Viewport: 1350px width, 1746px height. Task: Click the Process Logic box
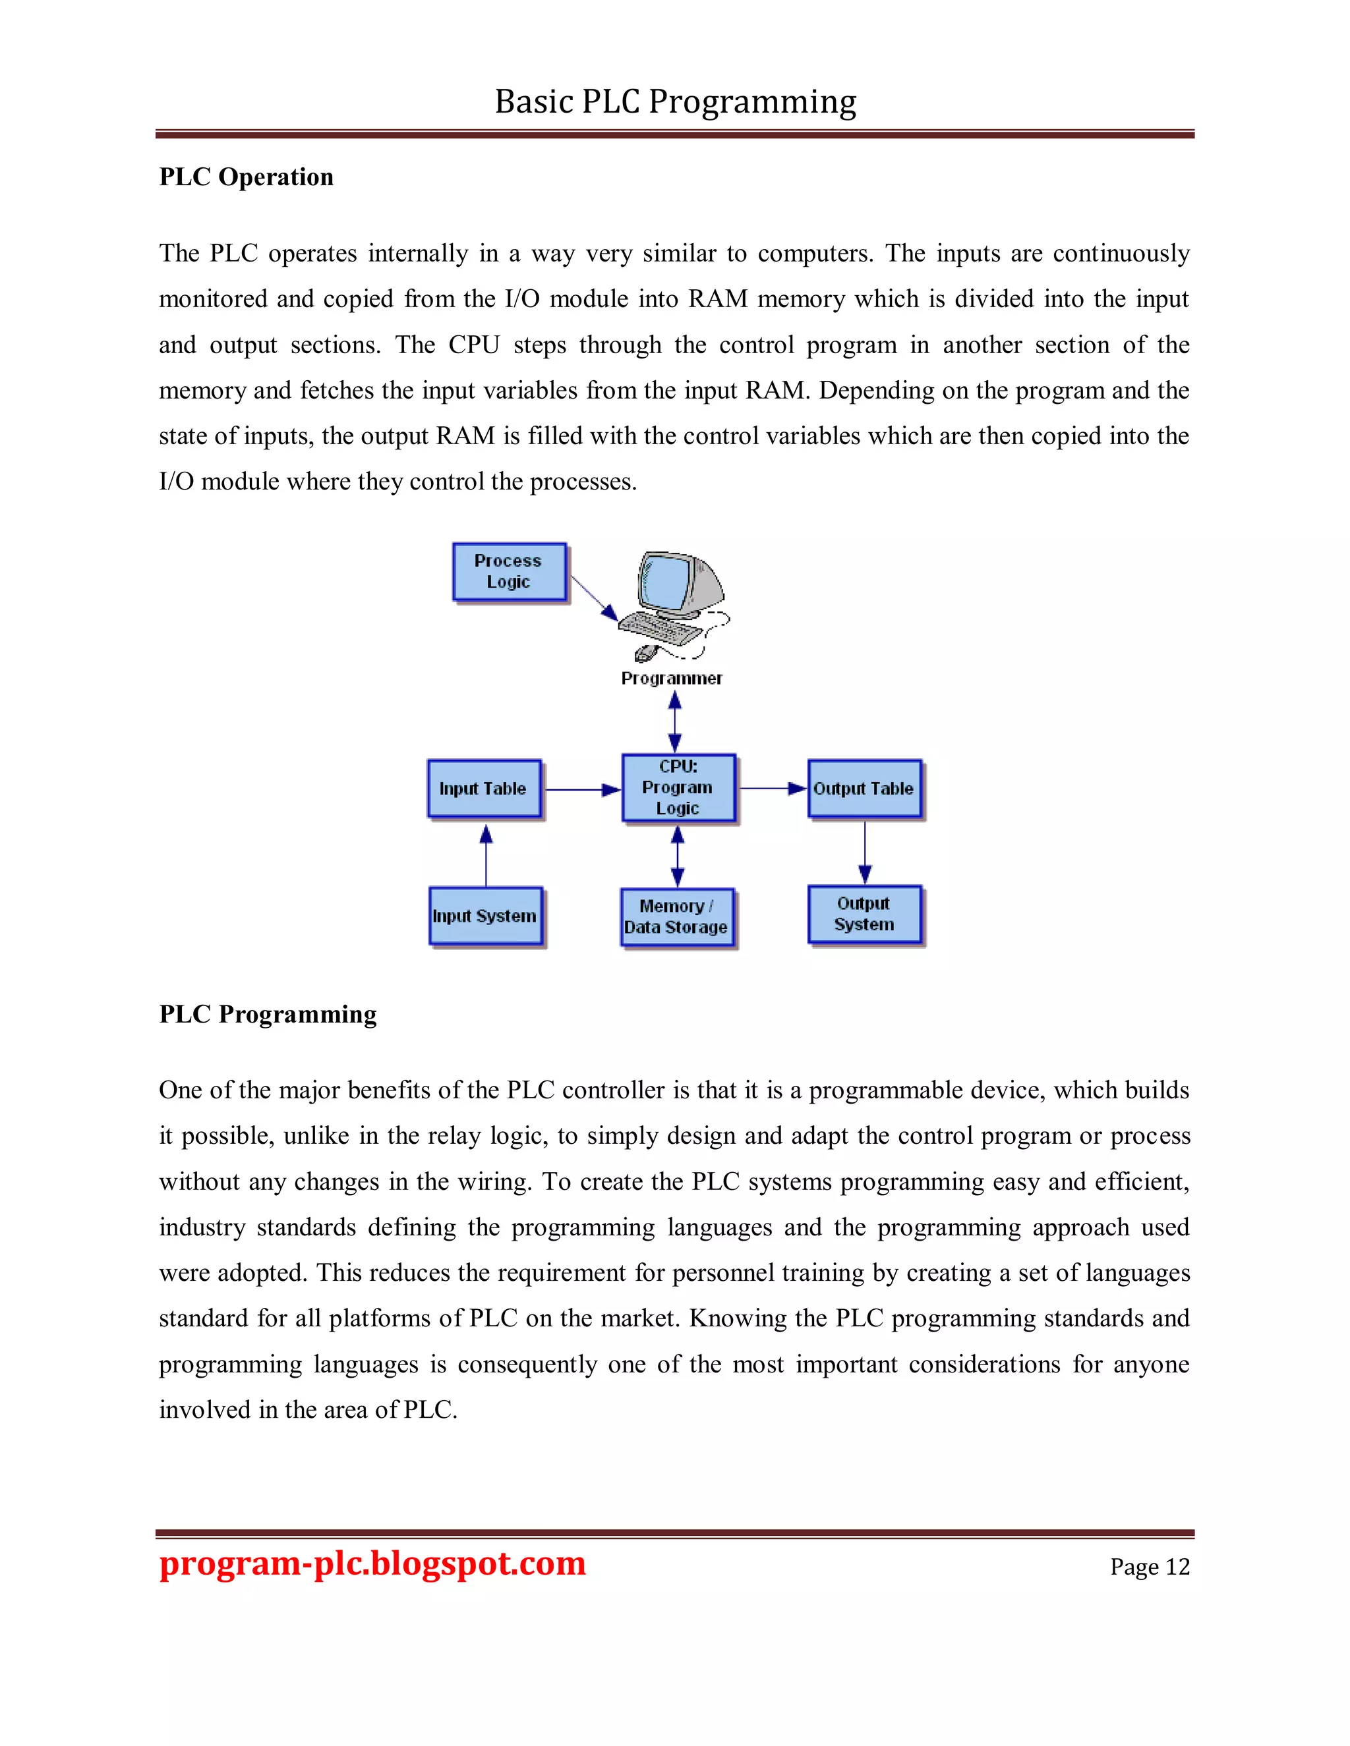pos(509,572)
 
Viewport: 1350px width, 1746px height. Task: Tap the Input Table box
pos(484,788)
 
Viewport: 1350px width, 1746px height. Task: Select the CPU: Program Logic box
pos(678,787)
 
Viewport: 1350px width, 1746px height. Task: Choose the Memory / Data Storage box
pos(676,917)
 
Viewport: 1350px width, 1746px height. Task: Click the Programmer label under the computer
pos(671,678)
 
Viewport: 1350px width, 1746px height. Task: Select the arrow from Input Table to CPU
pos(582,789)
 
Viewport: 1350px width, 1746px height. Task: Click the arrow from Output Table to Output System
pos(865,852)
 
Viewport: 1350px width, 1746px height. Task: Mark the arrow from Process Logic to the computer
pos(593,598)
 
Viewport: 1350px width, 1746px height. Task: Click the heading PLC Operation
pos(247,177)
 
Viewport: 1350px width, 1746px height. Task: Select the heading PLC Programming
pos(268,1014)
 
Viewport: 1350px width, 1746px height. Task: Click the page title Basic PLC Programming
pos(675,101)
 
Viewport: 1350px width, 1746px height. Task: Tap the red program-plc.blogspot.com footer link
pos(372,1563)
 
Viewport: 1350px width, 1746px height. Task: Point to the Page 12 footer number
pos(1149,1566)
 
